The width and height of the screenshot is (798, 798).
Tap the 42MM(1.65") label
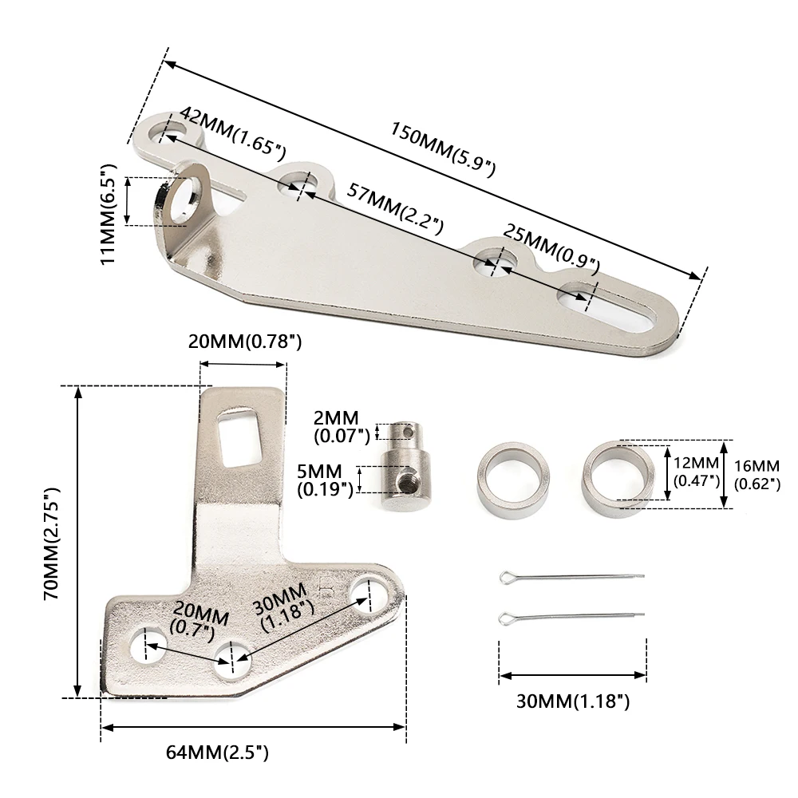click(x=233, y=132)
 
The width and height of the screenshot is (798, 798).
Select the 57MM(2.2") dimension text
click(x=395, y=208)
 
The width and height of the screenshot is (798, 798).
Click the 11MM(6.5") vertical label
click(x=109, y=214)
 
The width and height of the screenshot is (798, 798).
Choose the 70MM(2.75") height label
click(x=52, y=543)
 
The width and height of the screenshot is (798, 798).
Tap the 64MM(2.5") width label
click(x=217, y=753)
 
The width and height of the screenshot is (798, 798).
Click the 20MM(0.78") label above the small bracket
click(x=245, y=342)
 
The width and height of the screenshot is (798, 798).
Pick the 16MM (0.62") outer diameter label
click(x=757, y=474)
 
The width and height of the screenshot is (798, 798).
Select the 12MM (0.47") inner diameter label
click(x=697, y=472)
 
